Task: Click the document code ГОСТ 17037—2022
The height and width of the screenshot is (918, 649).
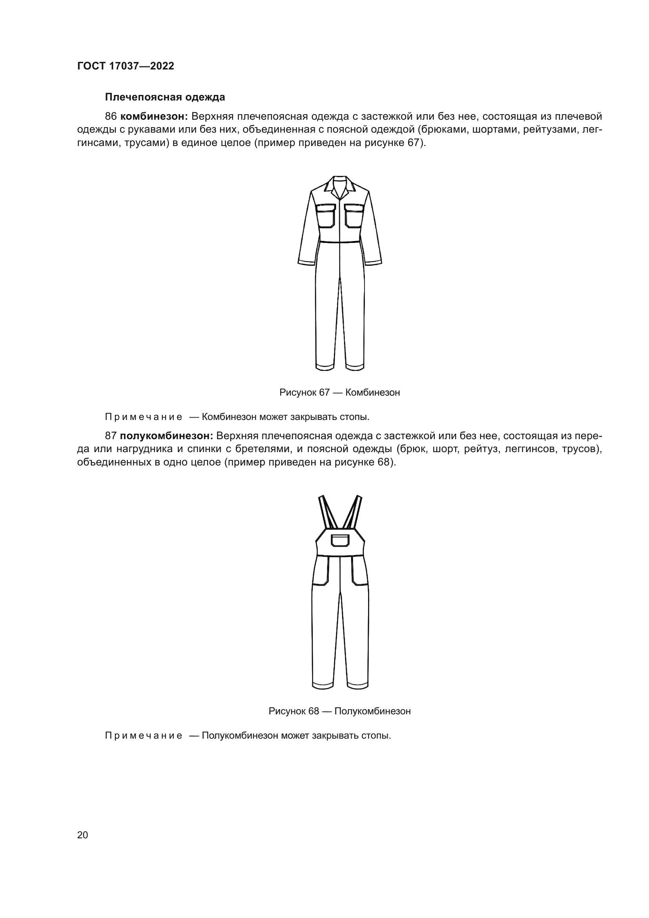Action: (126, 66)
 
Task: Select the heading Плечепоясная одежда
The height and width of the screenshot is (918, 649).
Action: (165, 97)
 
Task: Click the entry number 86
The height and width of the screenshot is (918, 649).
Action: (111, 117)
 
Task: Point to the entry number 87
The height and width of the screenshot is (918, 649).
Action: (111, 436)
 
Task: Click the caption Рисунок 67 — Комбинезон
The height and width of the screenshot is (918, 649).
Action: (339, 392)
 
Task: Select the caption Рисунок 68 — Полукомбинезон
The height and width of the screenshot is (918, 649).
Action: (339, 711)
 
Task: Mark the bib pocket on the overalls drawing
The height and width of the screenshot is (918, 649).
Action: (340, 540)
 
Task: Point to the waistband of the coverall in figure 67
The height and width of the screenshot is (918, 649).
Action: (340, 241)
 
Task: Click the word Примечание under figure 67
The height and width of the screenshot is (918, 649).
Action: (144, 417)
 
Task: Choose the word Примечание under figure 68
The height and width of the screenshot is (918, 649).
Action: (144, 735)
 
